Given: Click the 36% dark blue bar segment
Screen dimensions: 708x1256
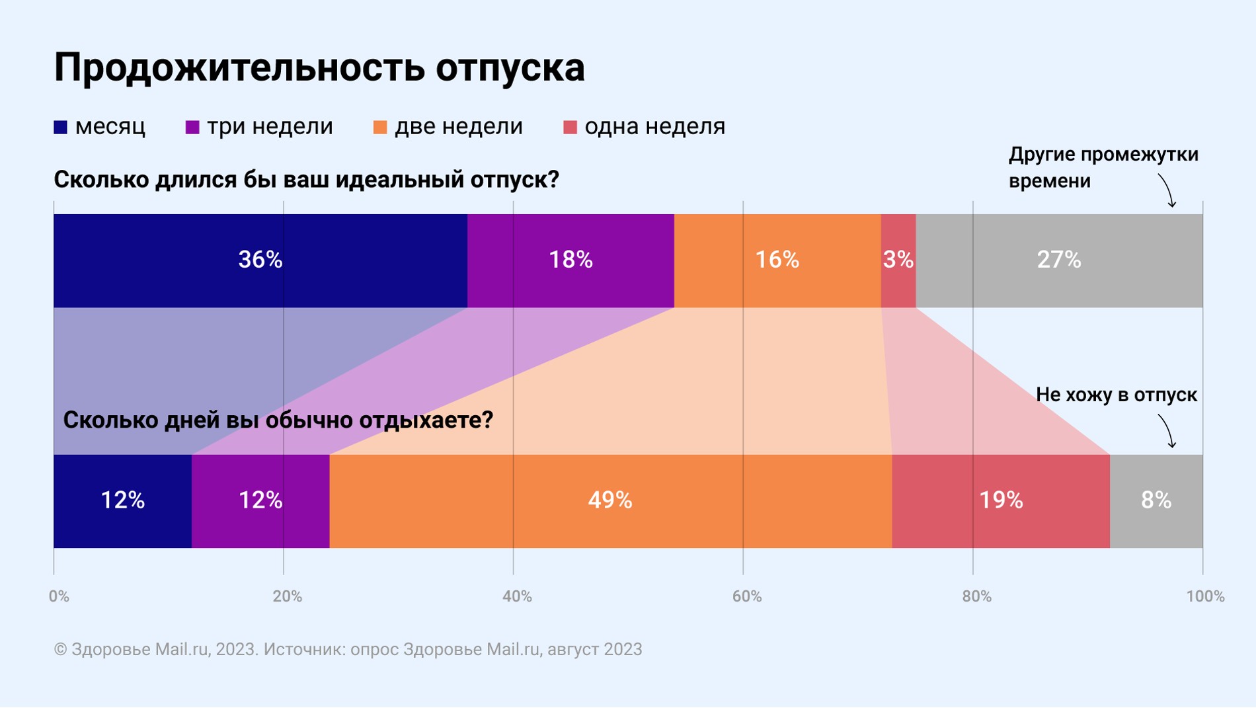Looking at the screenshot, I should [x=260, y=260].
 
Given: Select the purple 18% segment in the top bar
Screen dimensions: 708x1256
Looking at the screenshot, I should [x=570, y=260].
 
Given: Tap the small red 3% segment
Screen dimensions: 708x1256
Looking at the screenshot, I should [x=898, y=260].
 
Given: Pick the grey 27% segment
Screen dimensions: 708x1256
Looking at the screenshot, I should [x=1058, y=260].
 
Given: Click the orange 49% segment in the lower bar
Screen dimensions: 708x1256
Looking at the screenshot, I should [x=609, y=500].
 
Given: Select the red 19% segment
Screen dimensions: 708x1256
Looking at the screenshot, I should [x=1000, y=500].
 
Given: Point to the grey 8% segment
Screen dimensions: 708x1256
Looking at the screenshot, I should [x=1156, y=500].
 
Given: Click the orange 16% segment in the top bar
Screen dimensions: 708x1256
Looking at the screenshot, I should [x=777, y=260].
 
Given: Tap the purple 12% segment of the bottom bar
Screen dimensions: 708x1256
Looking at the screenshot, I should [x=260, y=500].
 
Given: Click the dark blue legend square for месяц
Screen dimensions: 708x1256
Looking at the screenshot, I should [x=61, y=127].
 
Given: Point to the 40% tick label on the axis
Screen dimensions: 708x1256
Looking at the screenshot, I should [x=516, y=596].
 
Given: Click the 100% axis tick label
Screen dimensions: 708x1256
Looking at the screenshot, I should [x=1205, y=596].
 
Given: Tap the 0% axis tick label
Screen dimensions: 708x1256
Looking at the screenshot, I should [x=59, y=596].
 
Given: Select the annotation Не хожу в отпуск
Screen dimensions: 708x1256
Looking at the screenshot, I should [x=1116, y=395].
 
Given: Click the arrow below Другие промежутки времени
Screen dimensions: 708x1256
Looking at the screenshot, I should [x=1167, y=191].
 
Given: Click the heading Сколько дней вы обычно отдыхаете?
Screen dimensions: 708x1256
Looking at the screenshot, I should [x=278, y=420].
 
